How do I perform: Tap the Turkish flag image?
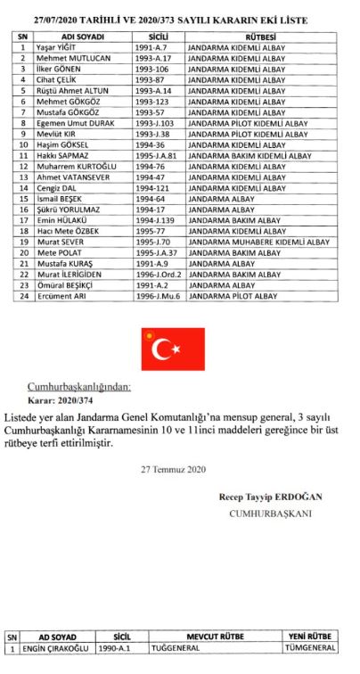tap(172, 349)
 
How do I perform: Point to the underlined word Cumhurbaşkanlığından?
tap(84, 386)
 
